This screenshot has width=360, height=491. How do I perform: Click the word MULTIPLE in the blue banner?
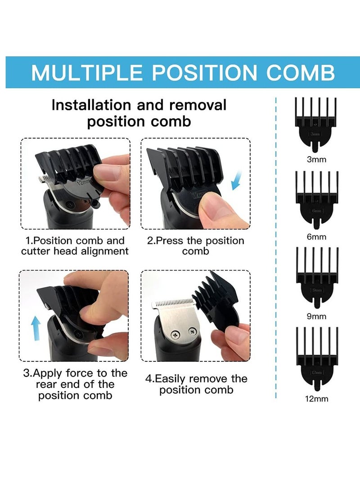pyautogui.click(x=87, y=72)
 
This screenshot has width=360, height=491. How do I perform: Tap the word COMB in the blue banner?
pyautogui.click(x=300, y=72)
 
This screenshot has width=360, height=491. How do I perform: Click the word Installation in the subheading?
pyautogui.click(x=91, y=105)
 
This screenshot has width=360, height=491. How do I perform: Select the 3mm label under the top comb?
pyautogui.click(x=316, y=159)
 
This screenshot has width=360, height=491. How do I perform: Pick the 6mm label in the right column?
pyautogui.click(x=316, y=237)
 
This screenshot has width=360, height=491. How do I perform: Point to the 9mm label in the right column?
pyautogui.click(x=316, y=316)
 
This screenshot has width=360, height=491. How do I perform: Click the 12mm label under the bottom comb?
pyautogui.click(x=316, y=399)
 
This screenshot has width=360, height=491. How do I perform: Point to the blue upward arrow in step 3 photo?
pyautogui.click(x=36, y=328)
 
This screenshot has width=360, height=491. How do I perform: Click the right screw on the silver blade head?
pyautogui.click(x=192, y=331)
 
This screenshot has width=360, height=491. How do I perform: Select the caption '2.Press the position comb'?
pyautogui.click(x=196, y=246)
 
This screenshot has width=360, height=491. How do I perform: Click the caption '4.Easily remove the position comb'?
pyautogui.click(x=196, y=384)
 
